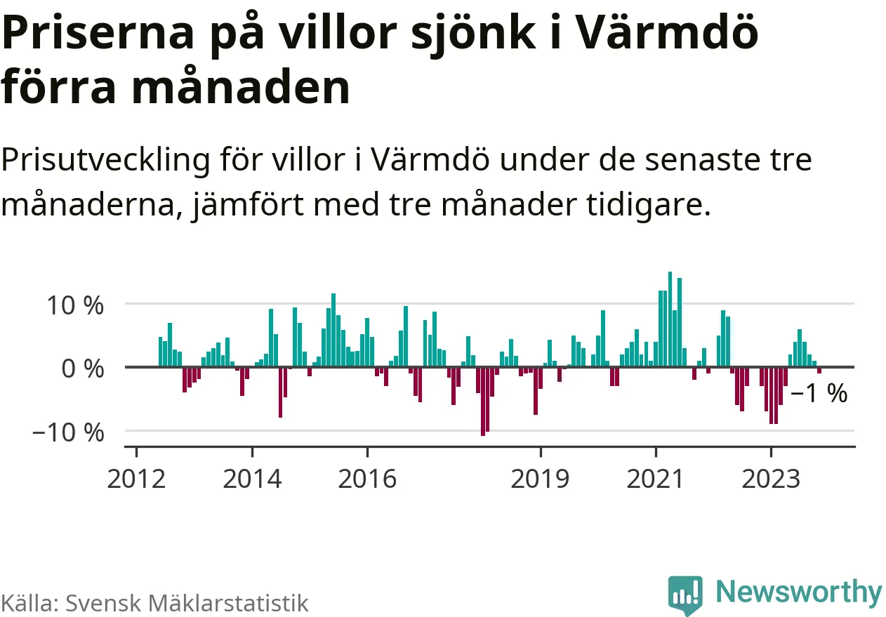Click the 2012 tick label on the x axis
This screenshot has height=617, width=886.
(136, 479)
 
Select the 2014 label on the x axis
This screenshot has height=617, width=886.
(252, 479)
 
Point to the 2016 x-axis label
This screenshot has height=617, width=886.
(367, 479)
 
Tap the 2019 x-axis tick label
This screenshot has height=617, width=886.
(540, 479)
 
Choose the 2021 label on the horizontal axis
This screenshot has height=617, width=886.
(655, 479)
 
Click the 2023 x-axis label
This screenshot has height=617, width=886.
(770, 479)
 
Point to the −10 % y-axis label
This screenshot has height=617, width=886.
(67, 432)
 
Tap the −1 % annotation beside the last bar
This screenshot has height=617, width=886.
(819, 394)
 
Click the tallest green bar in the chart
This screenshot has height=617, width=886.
(670, 319)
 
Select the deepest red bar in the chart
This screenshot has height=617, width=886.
(482, 401)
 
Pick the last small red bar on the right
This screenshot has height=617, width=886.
(819, 370)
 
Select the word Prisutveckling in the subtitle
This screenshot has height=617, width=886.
(106, 161)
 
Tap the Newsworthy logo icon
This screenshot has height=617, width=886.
(685, 595)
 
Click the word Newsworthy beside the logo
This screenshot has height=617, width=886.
(798, 592)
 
